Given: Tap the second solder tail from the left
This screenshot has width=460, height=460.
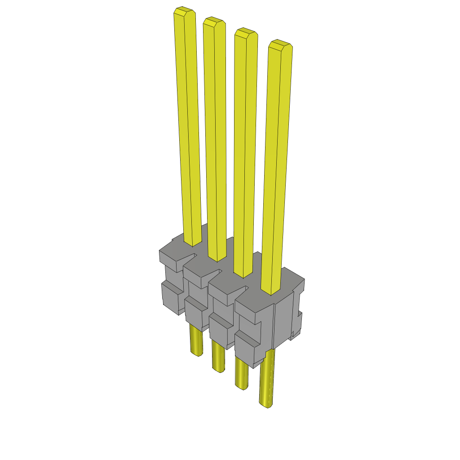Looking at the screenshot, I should pyautogui.click(x=218, y=357).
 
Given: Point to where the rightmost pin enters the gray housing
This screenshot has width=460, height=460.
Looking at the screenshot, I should pyautogui.click(x=271, y=292).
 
